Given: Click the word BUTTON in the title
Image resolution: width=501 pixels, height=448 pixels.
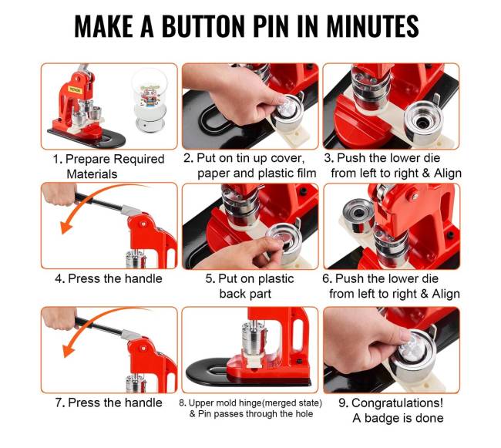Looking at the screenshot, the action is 203,26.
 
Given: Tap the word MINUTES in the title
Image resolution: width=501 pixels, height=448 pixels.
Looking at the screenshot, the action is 372,26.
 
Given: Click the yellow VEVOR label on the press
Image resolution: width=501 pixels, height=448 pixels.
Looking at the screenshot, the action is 75,89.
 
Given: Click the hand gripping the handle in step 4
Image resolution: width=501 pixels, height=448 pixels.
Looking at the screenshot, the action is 59,194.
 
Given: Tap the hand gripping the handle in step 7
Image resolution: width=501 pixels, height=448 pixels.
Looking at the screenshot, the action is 59,318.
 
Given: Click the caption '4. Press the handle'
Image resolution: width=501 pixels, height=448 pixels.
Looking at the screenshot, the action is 109,278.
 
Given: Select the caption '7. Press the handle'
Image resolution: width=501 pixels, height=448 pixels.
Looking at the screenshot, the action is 109,403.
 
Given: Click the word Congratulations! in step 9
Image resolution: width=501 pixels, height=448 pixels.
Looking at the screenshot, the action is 397,403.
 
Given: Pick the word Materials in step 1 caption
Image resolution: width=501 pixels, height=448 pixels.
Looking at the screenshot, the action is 92,174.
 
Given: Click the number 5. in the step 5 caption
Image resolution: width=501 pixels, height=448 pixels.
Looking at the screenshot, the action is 210,278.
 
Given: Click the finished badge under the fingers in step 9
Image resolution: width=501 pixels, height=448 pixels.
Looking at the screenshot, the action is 413,346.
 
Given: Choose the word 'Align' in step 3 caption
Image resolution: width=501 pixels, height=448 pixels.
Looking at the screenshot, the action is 447,173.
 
